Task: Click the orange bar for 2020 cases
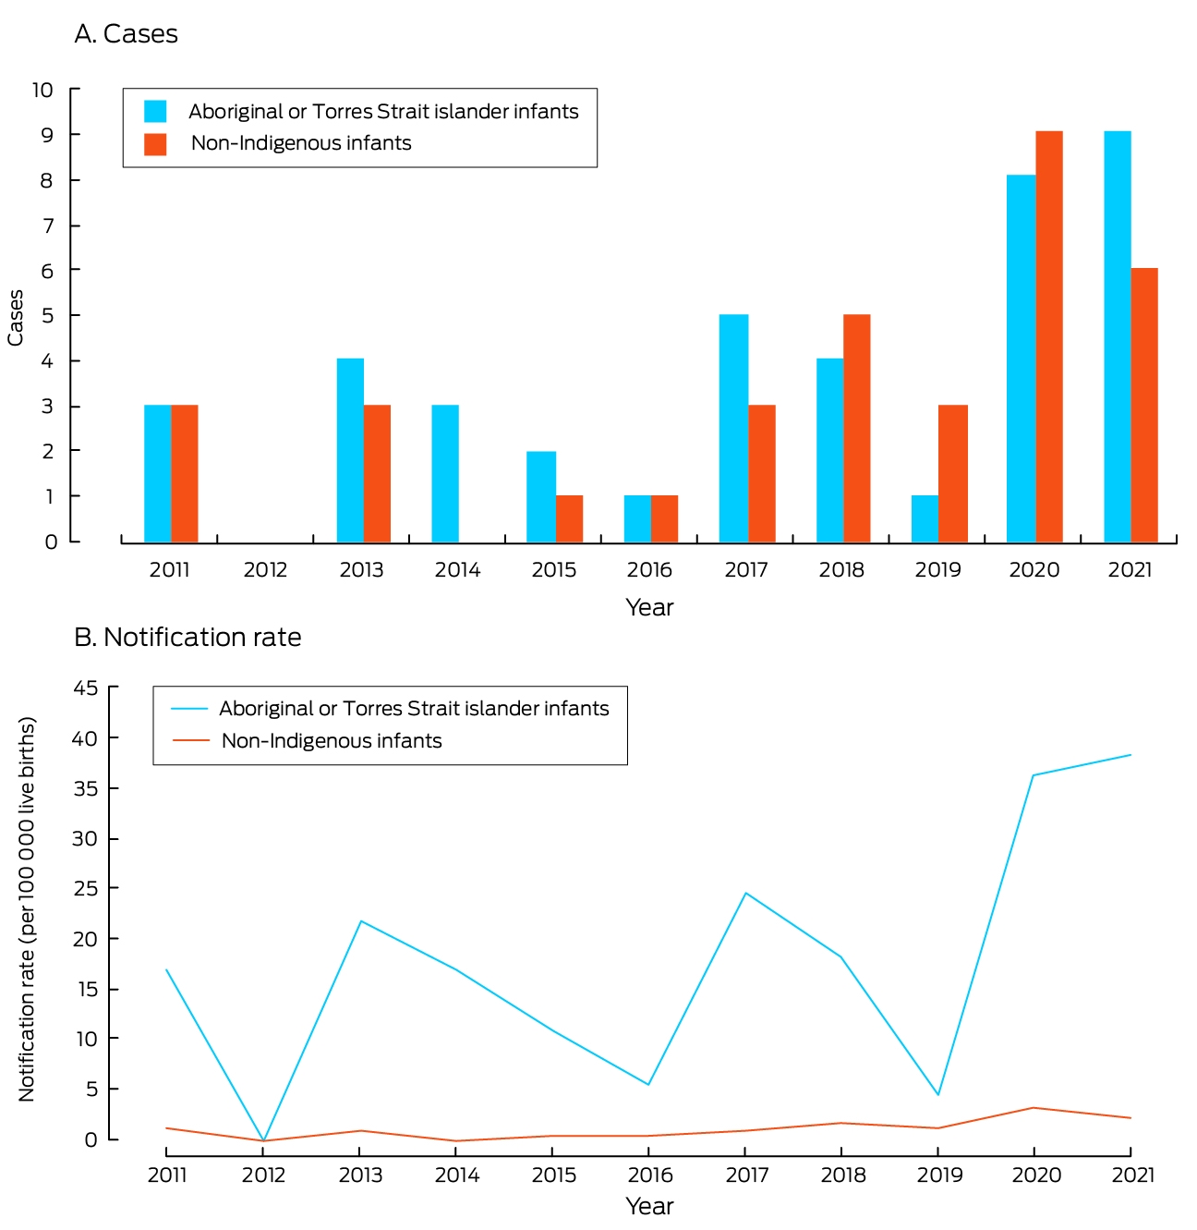click(1048, 336)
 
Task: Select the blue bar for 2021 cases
click(1117, 336)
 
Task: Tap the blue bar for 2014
click(444, 473)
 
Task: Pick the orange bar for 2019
click(952, 473)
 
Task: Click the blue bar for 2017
click(733, 428)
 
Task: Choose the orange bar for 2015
click(569, 518)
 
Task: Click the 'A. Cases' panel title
click(126, 34)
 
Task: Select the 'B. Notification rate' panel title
click(187, 637)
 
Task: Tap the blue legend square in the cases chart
click(155, 111)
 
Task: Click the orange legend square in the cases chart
click(155, 144)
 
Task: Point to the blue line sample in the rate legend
click(189, 709)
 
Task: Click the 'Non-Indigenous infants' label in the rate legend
click(332, 741)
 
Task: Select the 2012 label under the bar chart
click(265, 570)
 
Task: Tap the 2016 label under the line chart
click(650, 1175)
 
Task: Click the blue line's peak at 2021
click(1130, 755)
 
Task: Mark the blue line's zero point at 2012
click(263, 1140)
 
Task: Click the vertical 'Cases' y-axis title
click(16, 318)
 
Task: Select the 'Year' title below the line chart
click(649, 1207)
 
